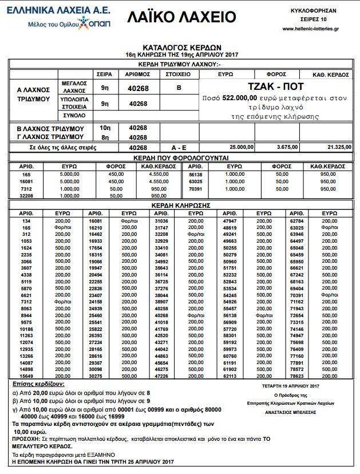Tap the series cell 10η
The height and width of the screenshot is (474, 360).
pyautogui.click(x=105, y=127)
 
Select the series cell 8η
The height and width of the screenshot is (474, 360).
pyautogui.click(x=105, y=137)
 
